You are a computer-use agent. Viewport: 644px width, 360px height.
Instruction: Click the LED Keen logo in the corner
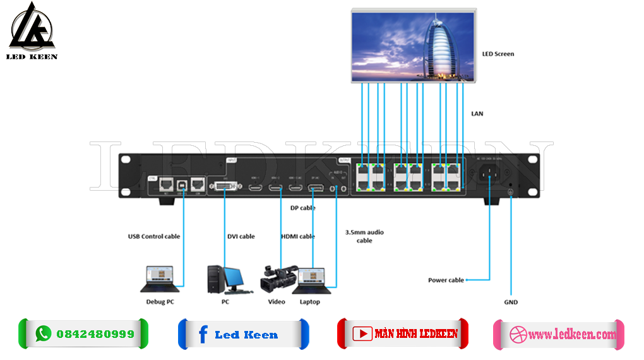[33, 31]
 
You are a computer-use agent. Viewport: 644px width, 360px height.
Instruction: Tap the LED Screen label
[498, 54]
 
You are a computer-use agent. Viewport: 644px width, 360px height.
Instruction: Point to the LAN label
[477, 114]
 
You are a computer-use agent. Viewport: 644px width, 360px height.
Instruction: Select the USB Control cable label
[154, 236]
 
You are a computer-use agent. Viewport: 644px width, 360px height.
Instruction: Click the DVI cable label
[241, 236]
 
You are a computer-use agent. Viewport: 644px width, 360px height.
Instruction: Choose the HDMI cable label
[297, 236]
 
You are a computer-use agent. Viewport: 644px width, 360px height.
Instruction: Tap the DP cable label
[303, 208]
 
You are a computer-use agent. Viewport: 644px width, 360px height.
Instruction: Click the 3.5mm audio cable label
[364, 236]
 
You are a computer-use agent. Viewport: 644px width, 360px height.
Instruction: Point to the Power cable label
[446, 280]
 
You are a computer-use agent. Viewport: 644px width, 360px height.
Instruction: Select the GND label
[511, 302]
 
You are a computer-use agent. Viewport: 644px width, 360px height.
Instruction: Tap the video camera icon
[278, 278]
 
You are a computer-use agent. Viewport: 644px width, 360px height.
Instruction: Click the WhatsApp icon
[43, 333]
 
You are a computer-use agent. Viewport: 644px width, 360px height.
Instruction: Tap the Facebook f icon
[202, 334]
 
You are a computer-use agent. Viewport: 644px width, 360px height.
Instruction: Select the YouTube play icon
[362, 333]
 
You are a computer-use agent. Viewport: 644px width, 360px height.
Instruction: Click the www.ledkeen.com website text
[571, 335]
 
